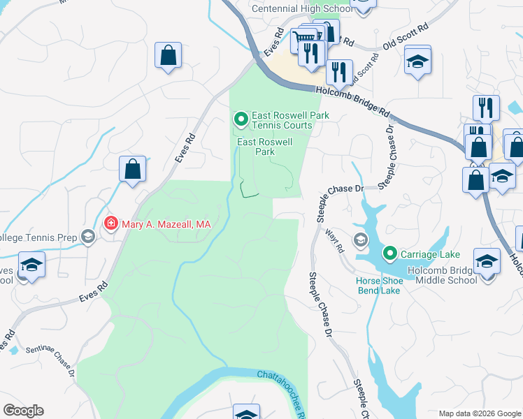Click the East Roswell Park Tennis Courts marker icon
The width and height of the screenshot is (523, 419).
coord(241,120)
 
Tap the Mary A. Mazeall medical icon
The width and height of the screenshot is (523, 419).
coord(110,223)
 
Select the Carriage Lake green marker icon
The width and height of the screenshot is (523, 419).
coord(390,253)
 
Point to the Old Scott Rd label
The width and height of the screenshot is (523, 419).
coord(405,38)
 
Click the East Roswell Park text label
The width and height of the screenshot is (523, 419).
coord(264,146)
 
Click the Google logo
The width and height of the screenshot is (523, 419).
coord(23,411)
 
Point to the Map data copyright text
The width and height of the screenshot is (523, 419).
coord(479,413)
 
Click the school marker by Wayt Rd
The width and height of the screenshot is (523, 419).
coord(360,240)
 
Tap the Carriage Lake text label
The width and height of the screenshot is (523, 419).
coord(427,253)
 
